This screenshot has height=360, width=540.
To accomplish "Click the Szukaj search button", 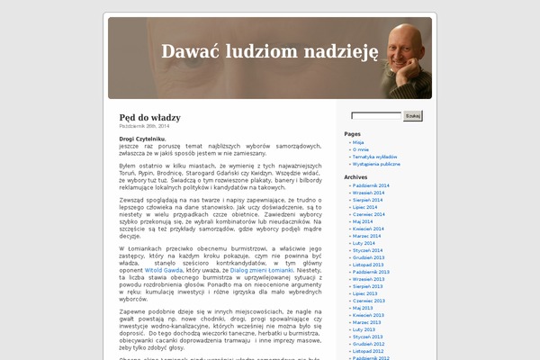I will click(x=413, y=116).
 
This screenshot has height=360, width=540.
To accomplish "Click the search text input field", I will click(x=376, y=116).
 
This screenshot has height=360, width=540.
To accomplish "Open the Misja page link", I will click(x=358, y=142).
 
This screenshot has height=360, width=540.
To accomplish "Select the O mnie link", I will click(x=361, y=149).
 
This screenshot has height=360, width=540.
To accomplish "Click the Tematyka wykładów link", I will click(x=375, y=157).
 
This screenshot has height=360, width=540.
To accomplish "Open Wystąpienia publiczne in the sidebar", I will click(x=376, y=164).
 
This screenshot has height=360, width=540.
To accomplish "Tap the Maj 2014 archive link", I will click(x=363, y=221).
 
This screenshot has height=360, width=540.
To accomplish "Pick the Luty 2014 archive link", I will click(x=364, y=243).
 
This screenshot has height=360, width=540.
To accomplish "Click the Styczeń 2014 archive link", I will click(x=367, y=250).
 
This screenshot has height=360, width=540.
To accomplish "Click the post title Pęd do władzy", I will click(x=149, y=118).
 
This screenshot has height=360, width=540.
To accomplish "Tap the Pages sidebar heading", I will click(x=352, y=133).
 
